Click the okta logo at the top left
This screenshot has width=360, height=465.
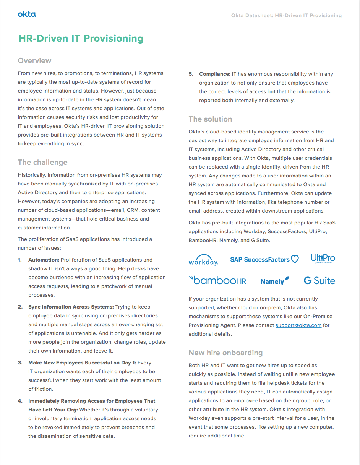(x=27, y=15)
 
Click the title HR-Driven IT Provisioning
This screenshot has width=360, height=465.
(x=81, y=39)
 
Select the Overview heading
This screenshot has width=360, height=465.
(x=34, y=61)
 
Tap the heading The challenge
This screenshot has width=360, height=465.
(x=42, y=163)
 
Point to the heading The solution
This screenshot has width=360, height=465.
(x=210, y=119)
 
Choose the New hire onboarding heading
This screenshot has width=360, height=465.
(x=225, y=353)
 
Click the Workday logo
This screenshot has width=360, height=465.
(x=203, y=260)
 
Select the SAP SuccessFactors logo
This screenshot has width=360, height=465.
(x=260, y=260)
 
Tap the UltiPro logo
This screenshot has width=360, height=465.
(x=323, y=259)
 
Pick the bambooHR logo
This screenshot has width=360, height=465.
(x=218, y=281)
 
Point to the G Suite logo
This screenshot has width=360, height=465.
(x=319, y=281)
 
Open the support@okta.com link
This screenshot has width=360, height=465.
(x=298, y=325)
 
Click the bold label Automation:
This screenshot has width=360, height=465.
(x=44, y=260)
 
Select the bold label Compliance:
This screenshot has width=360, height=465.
(x=215, y=74)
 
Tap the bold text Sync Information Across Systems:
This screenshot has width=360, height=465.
(x=71, y=307)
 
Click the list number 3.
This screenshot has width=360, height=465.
(x=20, y=363)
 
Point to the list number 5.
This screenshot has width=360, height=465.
(x=191, y=74)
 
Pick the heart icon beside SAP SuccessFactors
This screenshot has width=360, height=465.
(x=295, y=260)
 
